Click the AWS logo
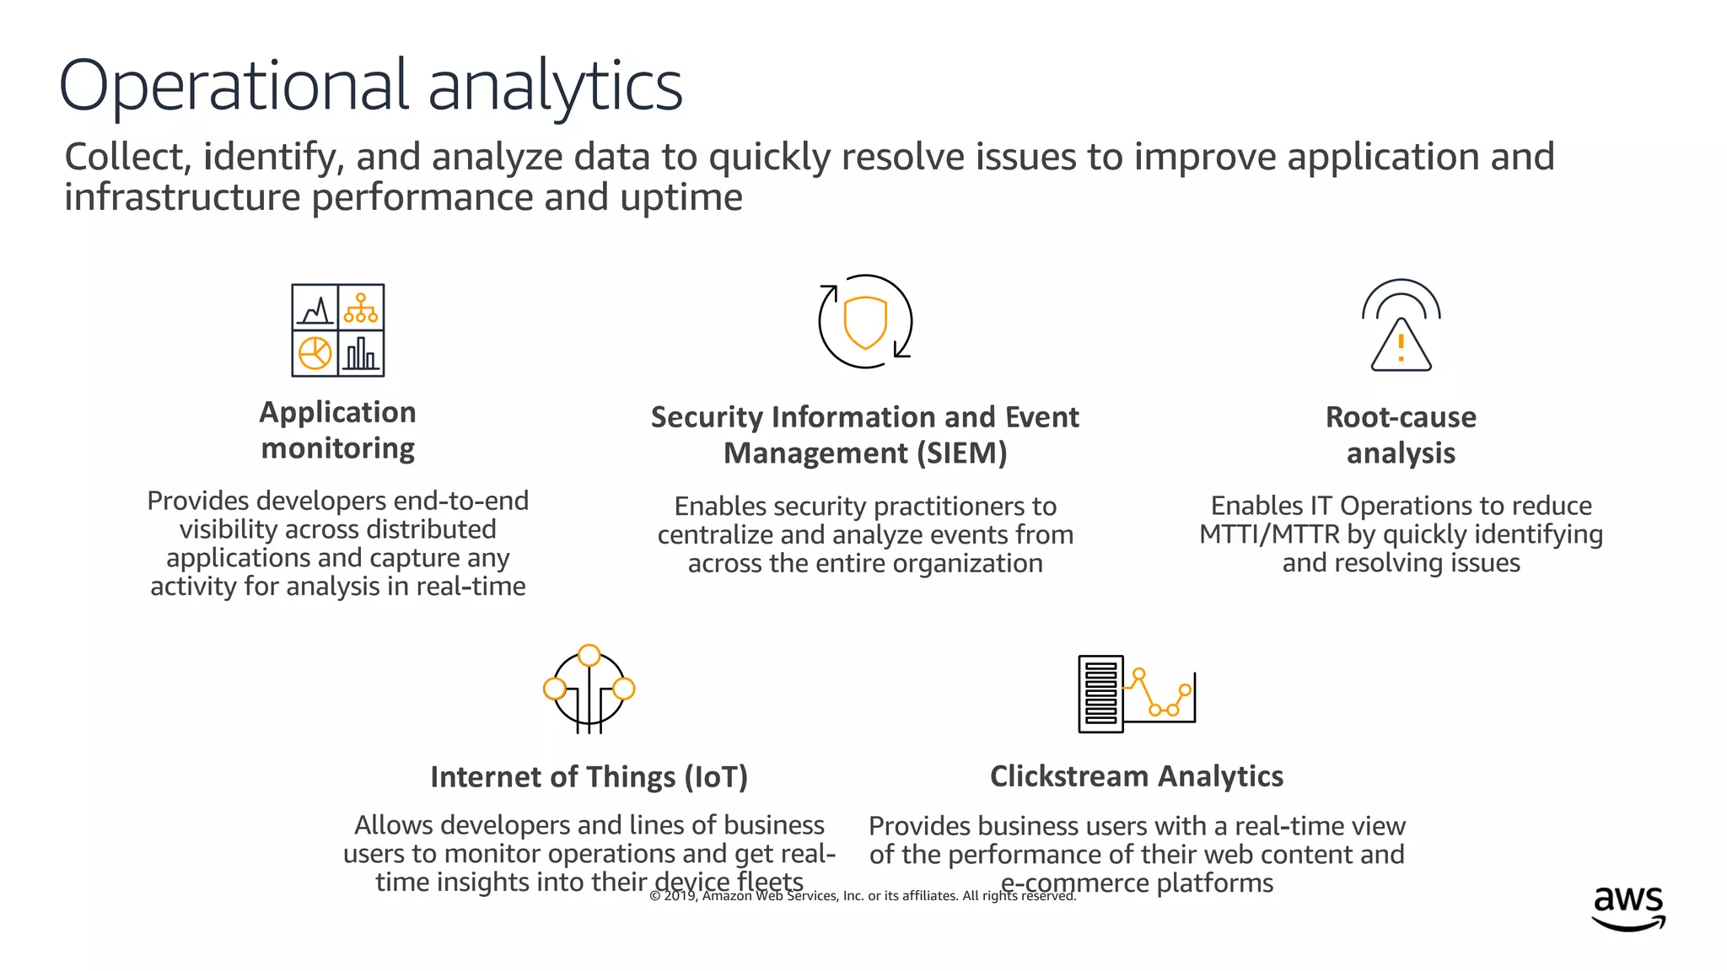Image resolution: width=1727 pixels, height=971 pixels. point(1628,908)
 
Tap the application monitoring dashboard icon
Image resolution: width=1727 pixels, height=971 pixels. point(337,330)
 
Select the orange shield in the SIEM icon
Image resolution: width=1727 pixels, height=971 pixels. point(865,321)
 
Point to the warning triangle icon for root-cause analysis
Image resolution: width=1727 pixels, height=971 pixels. point(1401,345)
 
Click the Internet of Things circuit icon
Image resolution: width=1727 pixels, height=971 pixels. point(589,689)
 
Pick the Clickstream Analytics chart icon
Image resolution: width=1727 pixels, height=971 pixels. point(1137,693)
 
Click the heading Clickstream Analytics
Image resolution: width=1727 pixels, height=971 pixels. point(1136,776)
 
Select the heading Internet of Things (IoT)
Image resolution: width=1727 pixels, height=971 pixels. point(589,777)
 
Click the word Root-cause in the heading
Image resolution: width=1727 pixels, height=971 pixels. point(1401,417)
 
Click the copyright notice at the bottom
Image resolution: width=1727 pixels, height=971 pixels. point(863,896)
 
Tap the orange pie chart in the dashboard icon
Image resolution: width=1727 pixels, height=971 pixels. point(315,353)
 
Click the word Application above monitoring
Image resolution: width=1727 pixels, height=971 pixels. point(337,412)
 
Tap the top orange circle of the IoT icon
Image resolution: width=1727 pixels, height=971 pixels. point(589,655)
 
